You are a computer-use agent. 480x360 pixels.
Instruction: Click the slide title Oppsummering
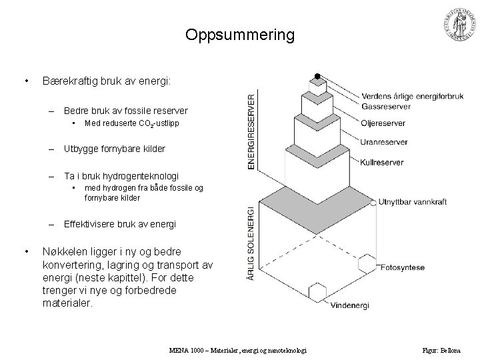click(240, 35)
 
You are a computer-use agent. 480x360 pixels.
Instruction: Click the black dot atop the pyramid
click(317, 75)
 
